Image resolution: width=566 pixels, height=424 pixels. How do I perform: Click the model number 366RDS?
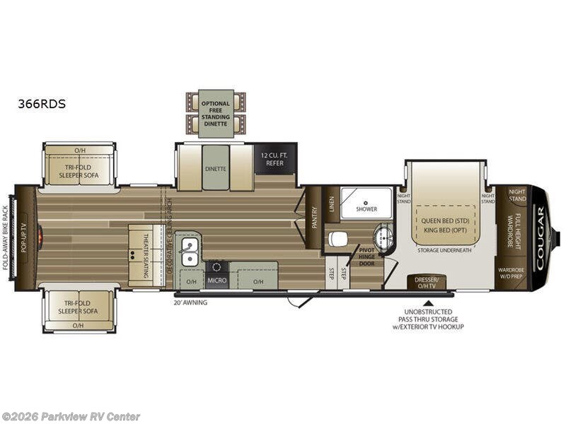[x=42, y=103]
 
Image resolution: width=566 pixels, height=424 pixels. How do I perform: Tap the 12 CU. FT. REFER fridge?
[x=275, y=158]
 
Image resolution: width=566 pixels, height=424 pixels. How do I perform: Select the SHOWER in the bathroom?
[x=366, y=203]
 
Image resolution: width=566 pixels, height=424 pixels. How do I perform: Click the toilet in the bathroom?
[x=339, y=239]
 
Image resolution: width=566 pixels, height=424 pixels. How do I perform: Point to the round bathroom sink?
[x=382, y=237]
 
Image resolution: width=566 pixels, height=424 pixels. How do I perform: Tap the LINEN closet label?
[x=331, y=204]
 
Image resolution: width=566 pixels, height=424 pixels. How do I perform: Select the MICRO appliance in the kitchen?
[x=216, y=280]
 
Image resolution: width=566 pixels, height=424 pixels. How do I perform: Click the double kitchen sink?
[x=189, y=253]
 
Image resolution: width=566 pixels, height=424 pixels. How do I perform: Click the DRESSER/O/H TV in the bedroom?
[x=427, y=282]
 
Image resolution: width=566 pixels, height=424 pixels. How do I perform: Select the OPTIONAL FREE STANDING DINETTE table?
[x=216, y=113]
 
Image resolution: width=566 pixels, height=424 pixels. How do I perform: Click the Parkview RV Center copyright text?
[x=71, y=416]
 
